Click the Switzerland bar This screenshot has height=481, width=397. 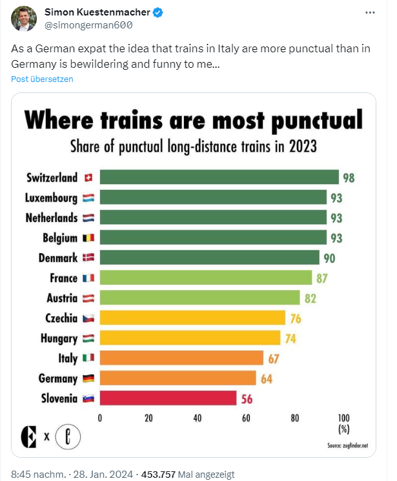(x=219, y=178)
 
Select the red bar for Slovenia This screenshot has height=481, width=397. (x=168, y=398)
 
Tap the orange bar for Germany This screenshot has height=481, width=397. (x=178, y=378)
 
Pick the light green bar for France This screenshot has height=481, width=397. (x=205, y=278)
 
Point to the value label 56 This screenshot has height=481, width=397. (x=247, y=399)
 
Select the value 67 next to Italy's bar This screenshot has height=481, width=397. (x=274, y=358)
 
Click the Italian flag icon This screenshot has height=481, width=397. (x=88, y=358)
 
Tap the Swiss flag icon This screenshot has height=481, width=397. (x=88, y=178)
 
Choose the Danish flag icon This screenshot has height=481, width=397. (x=88, y=258)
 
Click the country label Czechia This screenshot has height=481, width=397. (x=62, y=318)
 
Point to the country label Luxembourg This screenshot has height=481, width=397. (x=51, y=198)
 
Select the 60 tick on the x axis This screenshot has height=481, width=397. (x=246, y=418)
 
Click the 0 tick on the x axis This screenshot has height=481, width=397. (x=100, y=418)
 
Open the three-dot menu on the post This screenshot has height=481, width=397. (x=369, y=13)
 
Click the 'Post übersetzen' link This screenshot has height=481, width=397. (x=42, y=79)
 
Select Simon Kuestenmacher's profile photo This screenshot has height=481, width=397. (x=24, y=19)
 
